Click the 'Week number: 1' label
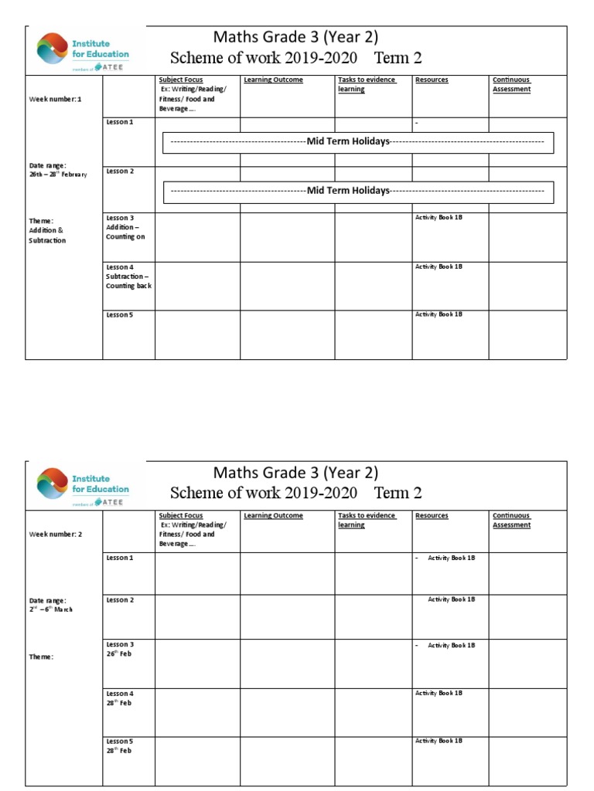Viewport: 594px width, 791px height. [55, 99]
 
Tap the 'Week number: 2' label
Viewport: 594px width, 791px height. [55, 535]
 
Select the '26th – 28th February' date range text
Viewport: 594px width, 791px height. [58, 170]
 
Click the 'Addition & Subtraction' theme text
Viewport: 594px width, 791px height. [48, 231]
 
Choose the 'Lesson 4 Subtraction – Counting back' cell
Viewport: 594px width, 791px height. [128, 276]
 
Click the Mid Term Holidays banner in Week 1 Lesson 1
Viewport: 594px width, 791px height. [357, 142]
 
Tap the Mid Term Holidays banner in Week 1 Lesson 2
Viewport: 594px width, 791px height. [357, 191]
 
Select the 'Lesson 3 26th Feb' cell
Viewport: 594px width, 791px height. [121, 649]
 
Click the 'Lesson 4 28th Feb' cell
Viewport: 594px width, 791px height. [121, 698]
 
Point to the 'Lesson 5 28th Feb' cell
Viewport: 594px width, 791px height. [121, 746]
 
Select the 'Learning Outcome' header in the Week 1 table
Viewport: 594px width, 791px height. [273, 80]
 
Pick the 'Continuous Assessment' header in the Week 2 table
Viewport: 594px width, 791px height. [512, 520]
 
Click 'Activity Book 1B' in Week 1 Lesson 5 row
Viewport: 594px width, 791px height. [439, 314]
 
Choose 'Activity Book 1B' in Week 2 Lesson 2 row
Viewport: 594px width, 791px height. [451, 599]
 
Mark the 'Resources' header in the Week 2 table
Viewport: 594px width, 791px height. [432, 515]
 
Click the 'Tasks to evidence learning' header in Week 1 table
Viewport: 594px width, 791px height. [367, 84]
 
